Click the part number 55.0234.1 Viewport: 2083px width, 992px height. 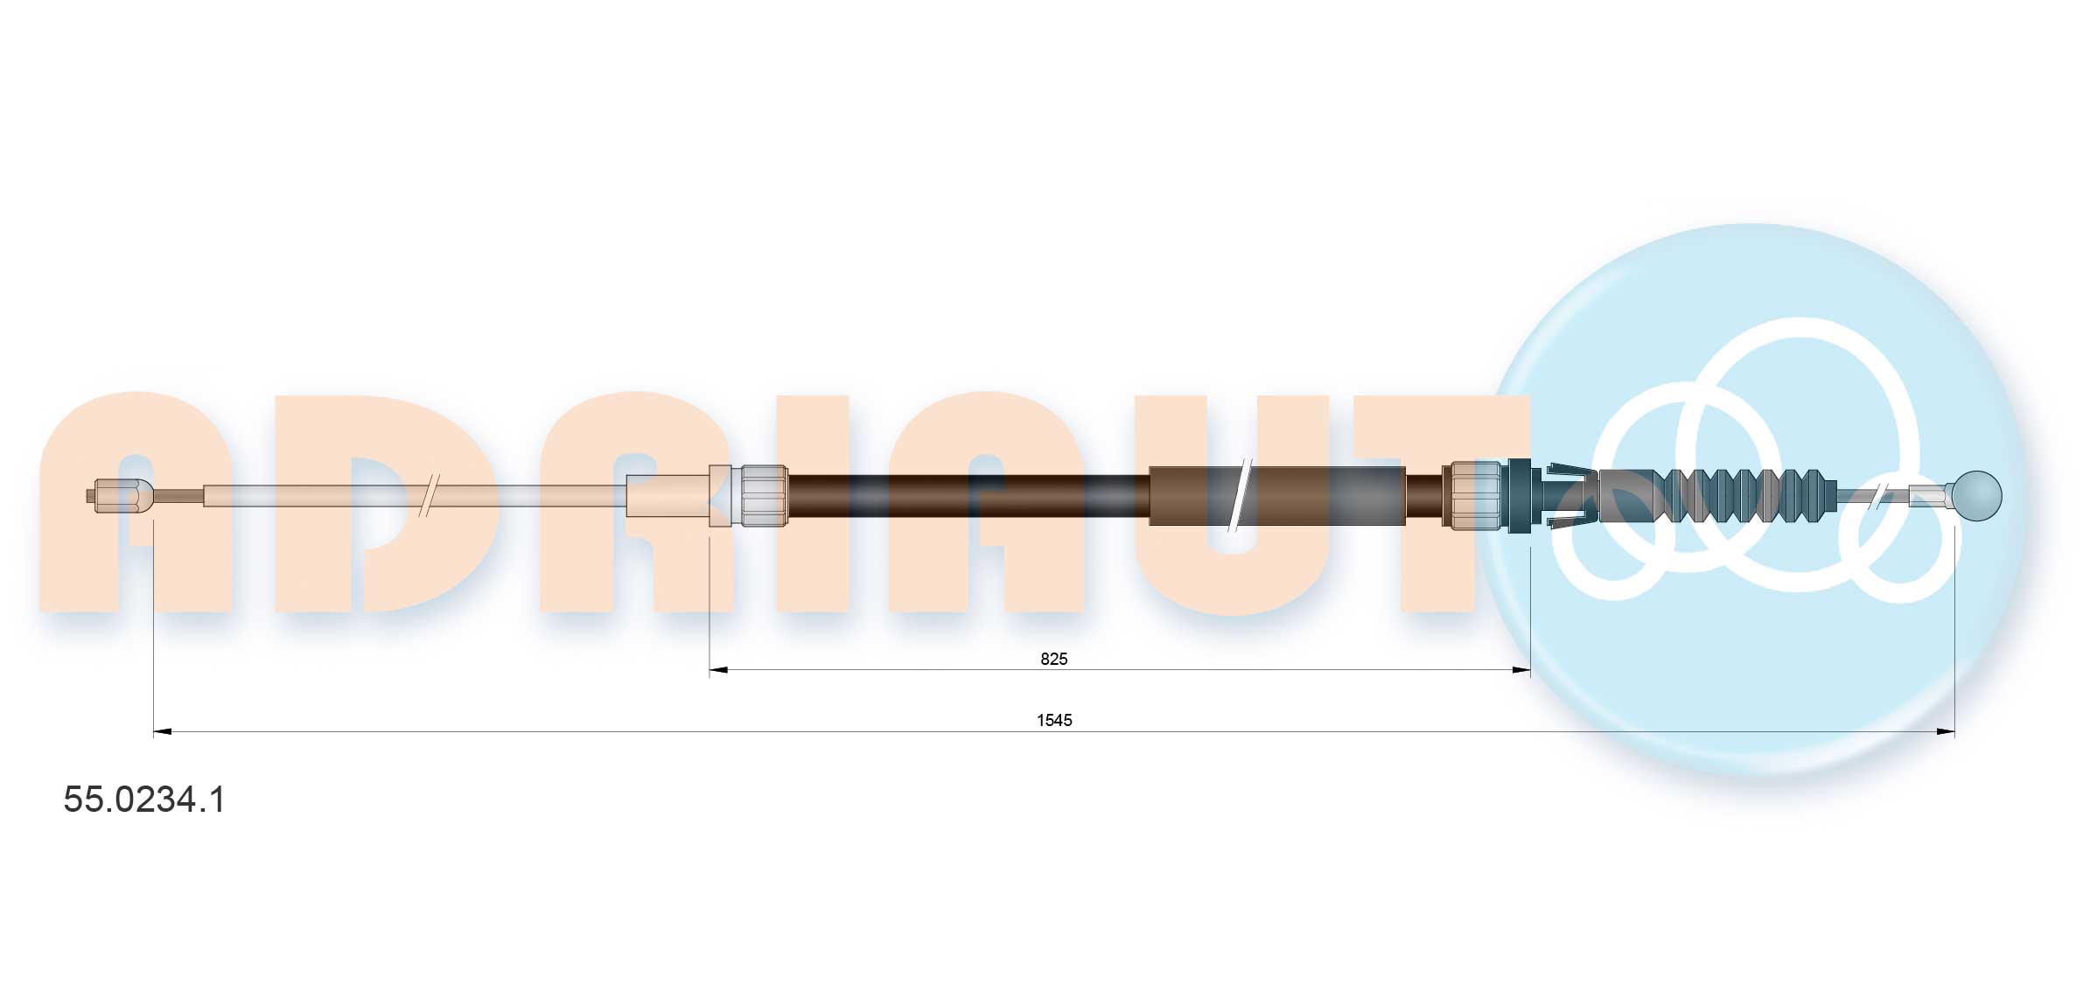click(x=144, y=800)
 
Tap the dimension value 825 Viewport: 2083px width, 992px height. click(x=1053, y=659)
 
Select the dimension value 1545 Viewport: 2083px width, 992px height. click(x=1053, y=720)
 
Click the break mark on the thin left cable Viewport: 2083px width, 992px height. click(x=429, y=496)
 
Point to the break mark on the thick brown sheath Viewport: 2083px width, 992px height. click(x=1239, y=496)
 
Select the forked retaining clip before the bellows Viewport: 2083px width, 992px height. click(x=1570, y=496)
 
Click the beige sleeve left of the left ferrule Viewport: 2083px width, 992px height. click(x=669, y=496)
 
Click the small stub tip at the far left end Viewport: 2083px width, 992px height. click(x=91, y=496)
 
